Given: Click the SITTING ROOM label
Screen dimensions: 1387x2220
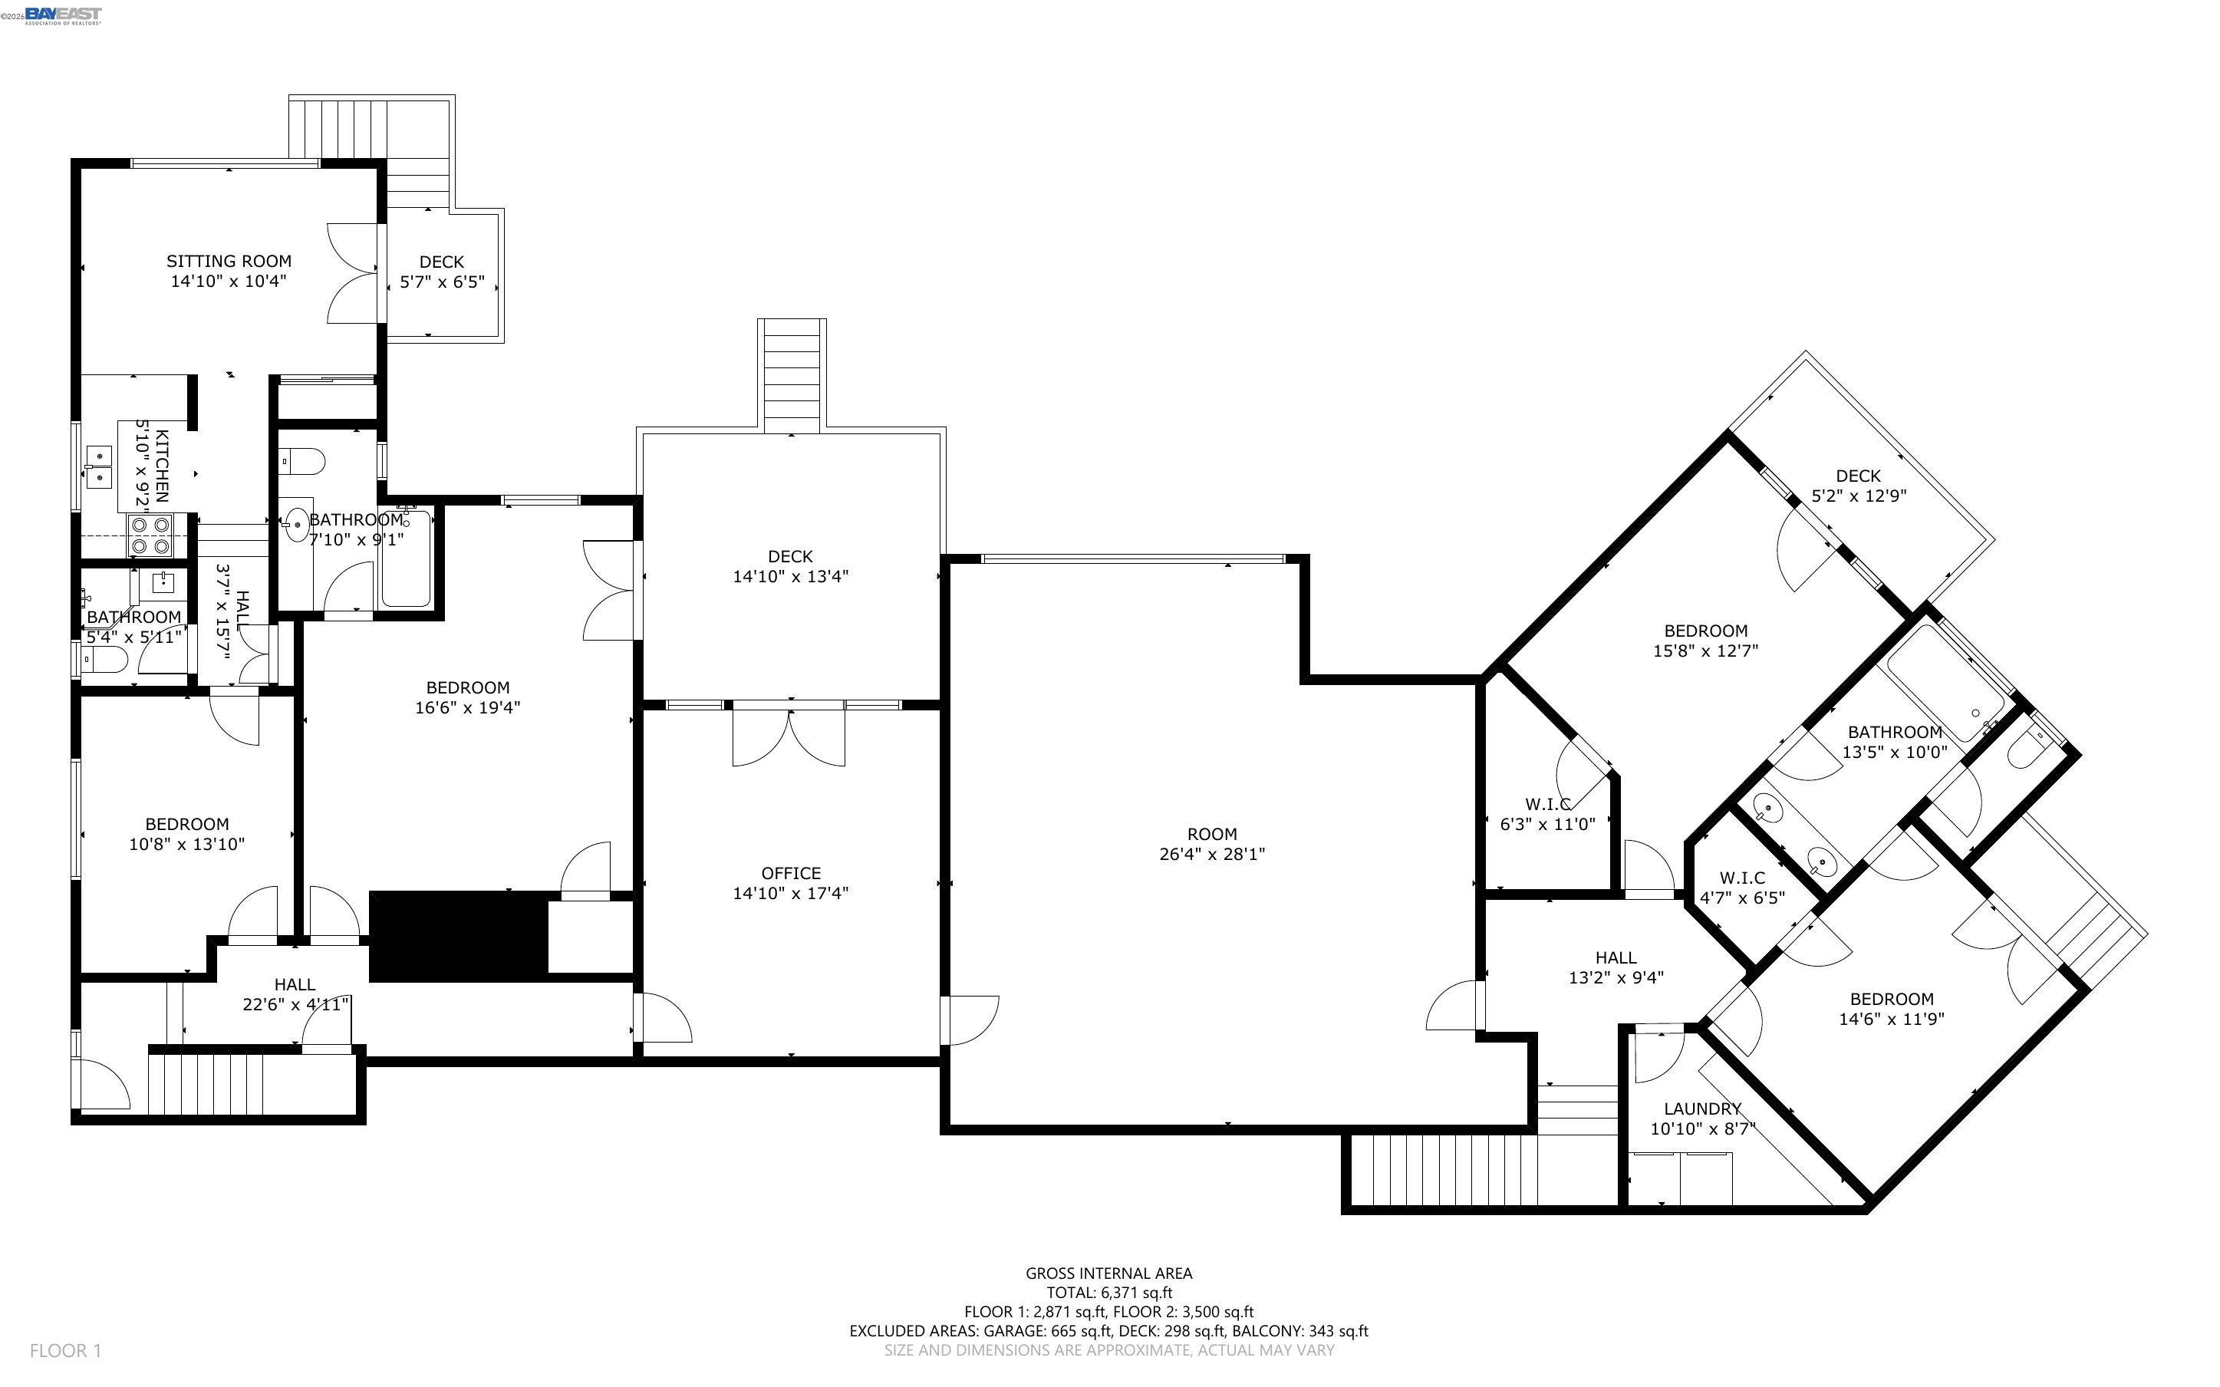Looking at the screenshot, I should [229, 262].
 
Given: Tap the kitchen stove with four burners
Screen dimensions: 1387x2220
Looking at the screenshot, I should [150, 535].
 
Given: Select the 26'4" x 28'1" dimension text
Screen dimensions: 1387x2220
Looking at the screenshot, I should [1212, 854].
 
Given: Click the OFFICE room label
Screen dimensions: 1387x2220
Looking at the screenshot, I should [790, 873].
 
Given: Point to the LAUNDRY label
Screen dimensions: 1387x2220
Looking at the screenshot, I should [1702, 1108].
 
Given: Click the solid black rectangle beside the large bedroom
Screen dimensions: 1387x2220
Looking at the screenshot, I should [459, 937].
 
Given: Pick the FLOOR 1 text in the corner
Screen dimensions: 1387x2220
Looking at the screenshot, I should [65, 1350].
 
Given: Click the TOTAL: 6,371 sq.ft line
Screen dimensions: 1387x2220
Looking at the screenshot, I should [1108, 1293].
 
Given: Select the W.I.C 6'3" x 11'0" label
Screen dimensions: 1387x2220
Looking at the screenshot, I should [1547, 815].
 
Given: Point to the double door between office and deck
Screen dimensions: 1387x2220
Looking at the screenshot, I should [789, 734].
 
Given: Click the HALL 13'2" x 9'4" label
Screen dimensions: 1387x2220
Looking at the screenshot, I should [1616, 967].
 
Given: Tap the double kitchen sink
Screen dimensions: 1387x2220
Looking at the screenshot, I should [97, 466].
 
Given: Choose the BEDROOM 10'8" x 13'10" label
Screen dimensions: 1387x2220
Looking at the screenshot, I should [187, 834].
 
